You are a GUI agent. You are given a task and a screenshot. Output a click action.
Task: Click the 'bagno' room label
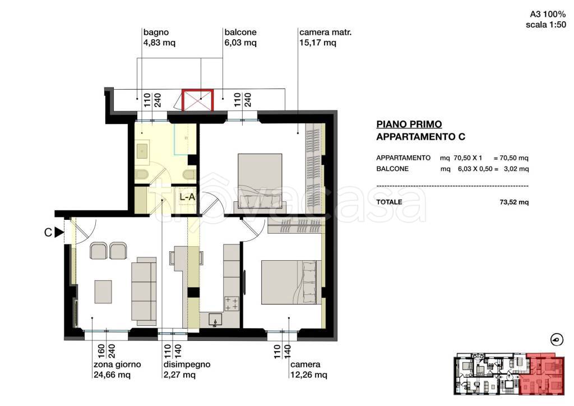[x=156, y=32]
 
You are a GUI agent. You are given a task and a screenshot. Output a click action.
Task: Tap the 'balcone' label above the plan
[x=240, y=32]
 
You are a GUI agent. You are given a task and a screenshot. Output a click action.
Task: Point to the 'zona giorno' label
[x=117, y=365]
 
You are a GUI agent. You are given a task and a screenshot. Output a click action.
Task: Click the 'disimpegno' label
[x=187, y=365]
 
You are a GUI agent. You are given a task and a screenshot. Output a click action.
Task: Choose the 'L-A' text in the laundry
[x=187, y=197]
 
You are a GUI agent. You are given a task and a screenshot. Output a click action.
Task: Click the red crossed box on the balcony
[x=198, y=100]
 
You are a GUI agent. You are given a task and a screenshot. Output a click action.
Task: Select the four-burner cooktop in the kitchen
[x=231, y=304]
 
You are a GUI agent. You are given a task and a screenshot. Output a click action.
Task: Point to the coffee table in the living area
[x=103, y=292]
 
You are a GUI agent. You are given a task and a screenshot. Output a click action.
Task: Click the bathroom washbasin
[x=142, y=151]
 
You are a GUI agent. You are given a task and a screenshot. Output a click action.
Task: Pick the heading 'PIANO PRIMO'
[x=409, y=124]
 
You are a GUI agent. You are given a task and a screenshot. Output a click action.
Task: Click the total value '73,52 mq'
[x=514, y=202]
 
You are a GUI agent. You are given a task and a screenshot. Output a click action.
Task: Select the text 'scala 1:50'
[x=546, y=25]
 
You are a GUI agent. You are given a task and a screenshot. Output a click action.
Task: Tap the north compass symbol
[x=557, y=340]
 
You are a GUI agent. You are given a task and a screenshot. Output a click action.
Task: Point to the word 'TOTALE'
[x=389, y=202]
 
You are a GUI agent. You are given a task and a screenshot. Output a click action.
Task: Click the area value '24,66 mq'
[x=112, y=375]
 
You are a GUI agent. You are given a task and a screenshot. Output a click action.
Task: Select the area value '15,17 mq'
[x=318, y=43]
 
